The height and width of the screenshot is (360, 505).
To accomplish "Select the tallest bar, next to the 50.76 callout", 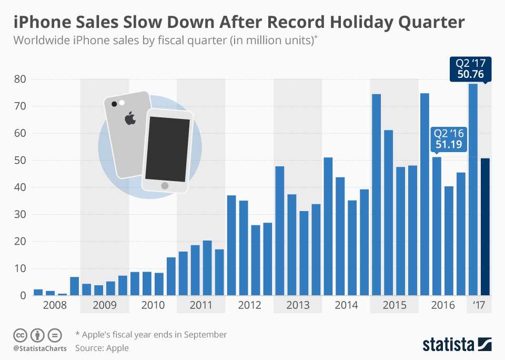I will [x=473, y=189].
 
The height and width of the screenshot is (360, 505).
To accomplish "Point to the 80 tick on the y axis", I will [x=21, y=79].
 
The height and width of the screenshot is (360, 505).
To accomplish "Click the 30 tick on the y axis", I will [x=21, y=215].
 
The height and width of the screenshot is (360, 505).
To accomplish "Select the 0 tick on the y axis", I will [x=23, y=296].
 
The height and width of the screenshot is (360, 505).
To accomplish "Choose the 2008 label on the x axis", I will [x=55, y=305].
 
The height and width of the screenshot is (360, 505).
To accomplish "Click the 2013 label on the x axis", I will [x=298, y=305].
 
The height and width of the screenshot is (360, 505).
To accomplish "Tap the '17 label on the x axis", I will [x=479, y=305].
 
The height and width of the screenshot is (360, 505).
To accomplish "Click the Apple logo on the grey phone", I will [x=130, y=118].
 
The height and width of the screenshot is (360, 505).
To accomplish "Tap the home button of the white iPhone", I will [x=165, y=186].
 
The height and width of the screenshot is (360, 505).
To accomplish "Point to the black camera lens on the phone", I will [x=114, y=104].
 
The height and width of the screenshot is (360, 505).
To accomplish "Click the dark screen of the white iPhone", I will [x=167, y=148].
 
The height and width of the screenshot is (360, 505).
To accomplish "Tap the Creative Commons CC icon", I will [x=20, y=335].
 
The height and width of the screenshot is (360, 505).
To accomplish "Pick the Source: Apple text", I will [x=102, y=347].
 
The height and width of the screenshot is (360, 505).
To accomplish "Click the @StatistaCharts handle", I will [x=39, y=348].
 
